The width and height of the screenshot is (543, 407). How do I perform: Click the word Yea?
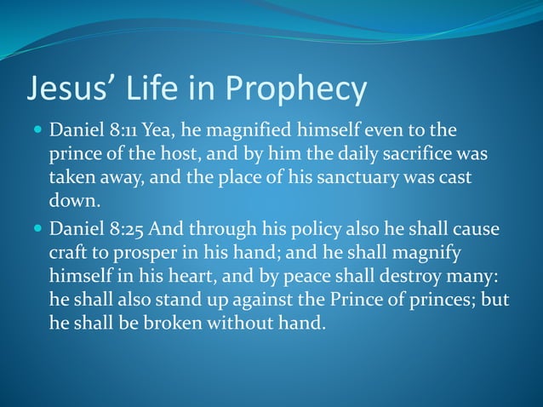159,132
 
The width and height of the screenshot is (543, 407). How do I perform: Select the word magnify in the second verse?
426,254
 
